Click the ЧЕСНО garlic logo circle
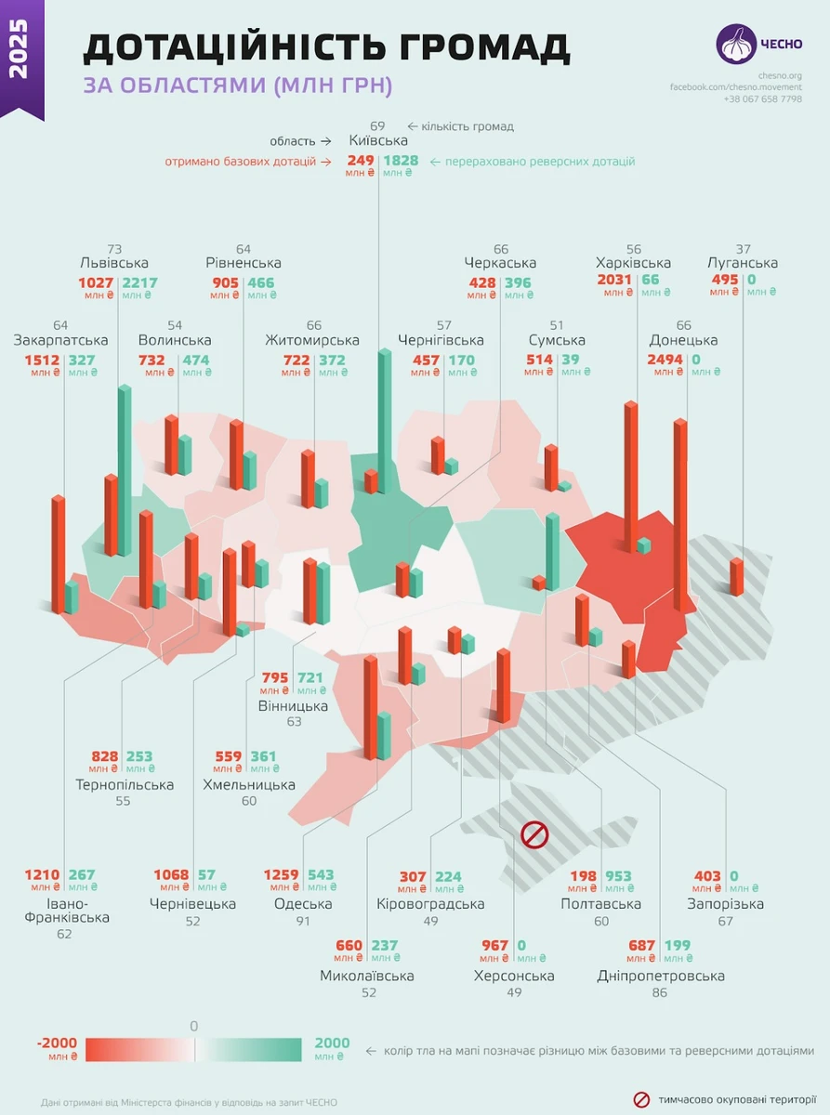click(735, 44)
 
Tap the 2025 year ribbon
click(20, 56)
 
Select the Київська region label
click(378, 140)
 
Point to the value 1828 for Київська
click(401, 160)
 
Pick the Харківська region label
click(633, 263)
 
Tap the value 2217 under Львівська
click(140, 282)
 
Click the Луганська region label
click(742, 263)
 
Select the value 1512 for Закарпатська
click(41, 360)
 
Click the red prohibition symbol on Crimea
click(534, 833)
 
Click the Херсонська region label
click(514, 976)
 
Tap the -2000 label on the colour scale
click(58, 1043)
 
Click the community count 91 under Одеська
click(303, 921)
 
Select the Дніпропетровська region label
click(661, 976)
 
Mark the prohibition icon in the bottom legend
click(641, 1100)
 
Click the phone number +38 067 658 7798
click(762, 98)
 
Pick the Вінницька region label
click(293, 706)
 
